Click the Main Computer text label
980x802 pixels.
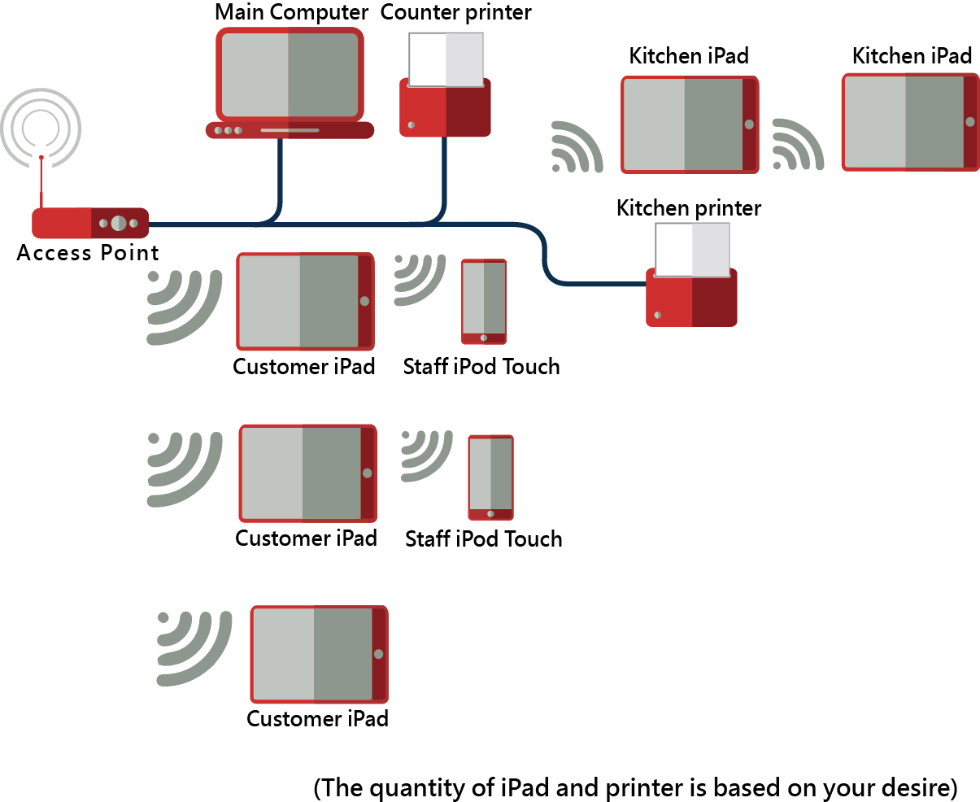[292, 13]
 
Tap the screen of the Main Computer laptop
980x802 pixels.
[289, 75]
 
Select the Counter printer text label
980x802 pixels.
[456, 13]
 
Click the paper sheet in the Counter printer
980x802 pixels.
[446, 59]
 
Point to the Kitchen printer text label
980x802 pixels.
[689, 208]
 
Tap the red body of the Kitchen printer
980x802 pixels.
[691, 301]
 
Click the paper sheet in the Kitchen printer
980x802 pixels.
[692, 250]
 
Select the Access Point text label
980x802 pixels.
[88, 253]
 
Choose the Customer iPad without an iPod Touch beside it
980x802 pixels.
[319, 654]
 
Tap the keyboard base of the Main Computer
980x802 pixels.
[290, 130]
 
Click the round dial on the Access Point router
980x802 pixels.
[119, 223]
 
